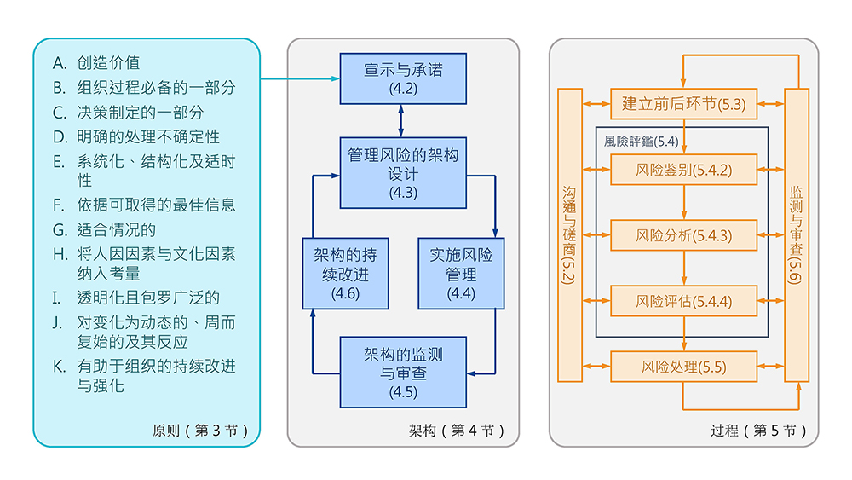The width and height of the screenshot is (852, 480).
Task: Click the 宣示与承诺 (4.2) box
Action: point(403,78)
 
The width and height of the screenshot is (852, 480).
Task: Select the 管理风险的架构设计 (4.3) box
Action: point(403,172)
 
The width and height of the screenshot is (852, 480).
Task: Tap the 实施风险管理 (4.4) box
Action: point(461,273)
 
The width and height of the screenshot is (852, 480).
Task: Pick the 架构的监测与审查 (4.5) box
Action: point(403,373)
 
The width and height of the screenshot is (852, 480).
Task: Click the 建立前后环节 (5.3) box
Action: point(684,104)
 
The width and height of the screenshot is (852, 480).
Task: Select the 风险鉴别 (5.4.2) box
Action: point(684,170)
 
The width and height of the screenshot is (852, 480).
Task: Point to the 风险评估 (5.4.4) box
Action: point(684,301)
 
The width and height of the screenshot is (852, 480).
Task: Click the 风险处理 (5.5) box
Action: point(684,367)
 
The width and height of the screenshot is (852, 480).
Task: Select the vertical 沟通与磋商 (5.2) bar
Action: point(569,234)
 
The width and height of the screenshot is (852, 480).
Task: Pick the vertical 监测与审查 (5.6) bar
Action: point(796,234)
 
